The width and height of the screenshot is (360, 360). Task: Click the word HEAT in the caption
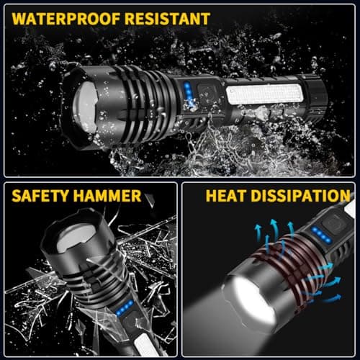click(x=228, y=195)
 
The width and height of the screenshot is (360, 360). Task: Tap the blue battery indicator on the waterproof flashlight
click(x=186, y=94)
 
